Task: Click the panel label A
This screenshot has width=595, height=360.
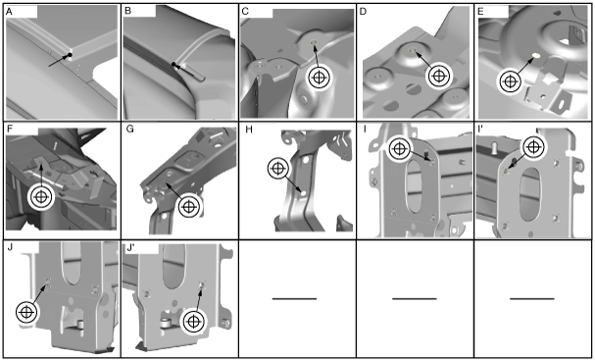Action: coord(10,12)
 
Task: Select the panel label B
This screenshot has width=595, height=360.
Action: coord(127,11)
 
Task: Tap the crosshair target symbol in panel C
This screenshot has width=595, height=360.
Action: coord(320,77)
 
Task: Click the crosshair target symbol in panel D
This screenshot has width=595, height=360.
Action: coord(439,76)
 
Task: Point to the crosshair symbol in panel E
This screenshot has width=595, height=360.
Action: coord(510,81)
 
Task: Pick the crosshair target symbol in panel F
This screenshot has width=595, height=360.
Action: coord(41,197)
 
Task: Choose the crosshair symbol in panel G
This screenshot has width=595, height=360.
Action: coord(189,207)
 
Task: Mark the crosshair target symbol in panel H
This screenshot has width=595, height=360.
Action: coord(278,168)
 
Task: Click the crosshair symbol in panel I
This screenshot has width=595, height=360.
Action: coord(400,148)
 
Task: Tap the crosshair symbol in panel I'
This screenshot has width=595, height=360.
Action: coord(533,146)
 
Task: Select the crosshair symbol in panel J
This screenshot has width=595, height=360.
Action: coord(26,312)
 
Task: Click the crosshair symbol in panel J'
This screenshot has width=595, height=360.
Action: coord(193,322)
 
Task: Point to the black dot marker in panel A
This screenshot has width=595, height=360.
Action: coord(70,56)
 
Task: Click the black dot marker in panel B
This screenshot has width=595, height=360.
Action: coord(174,64)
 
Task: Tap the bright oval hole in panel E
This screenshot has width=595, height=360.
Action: coord(536,56)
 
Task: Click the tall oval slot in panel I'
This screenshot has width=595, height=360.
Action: coord(530,194)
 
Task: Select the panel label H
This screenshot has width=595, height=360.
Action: coord(249,129)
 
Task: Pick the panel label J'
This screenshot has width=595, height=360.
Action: coord(131,247)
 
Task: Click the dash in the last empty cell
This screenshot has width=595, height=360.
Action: coord(532,299)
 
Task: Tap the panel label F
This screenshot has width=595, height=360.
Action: coord(10,129)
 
